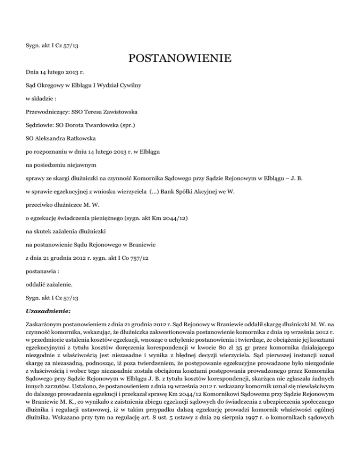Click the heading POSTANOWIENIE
tap(180, 59)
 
